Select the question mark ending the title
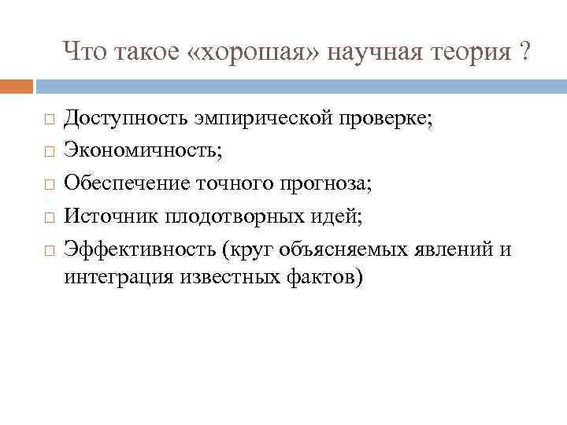[x=523, y=53]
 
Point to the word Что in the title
[x=84, y=53]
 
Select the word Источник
[x=103, y=216]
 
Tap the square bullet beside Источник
[x=48, y=217]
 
